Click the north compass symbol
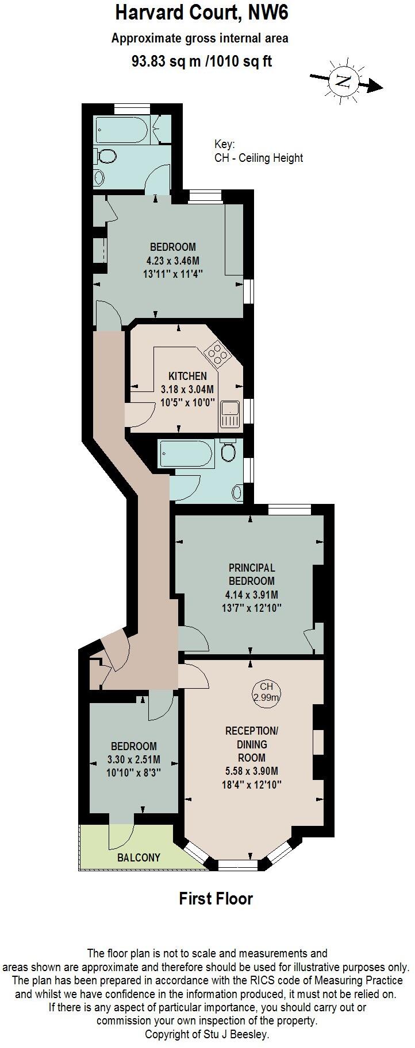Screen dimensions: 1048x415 click(x=344, y=80)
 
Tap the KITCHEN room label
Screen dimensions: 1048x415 click(x=187, y=376)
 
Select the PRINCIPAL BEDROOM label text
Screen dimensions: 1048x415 click(x=252, y=574)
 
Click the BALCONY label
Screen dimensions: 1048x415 click(x=139, y=858)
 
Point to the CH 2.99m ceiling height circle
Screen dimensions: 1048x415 click(x=266, y=692)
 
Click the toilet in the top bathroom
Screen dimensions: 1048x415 click(x=106, y=156)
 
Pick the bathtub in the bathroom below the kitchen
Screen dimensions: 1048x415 click(x=185, y=455)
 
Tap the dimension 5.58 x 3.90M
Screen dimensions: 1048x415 click(x=252, y=771)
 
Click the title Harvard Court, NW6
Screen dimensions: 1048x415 click(x=201, y=13)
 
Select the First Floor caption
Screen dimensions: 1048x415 click(x=216, y=898)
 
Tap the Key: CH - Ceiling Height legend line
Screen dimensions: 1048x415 click(x=258, y=158)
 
